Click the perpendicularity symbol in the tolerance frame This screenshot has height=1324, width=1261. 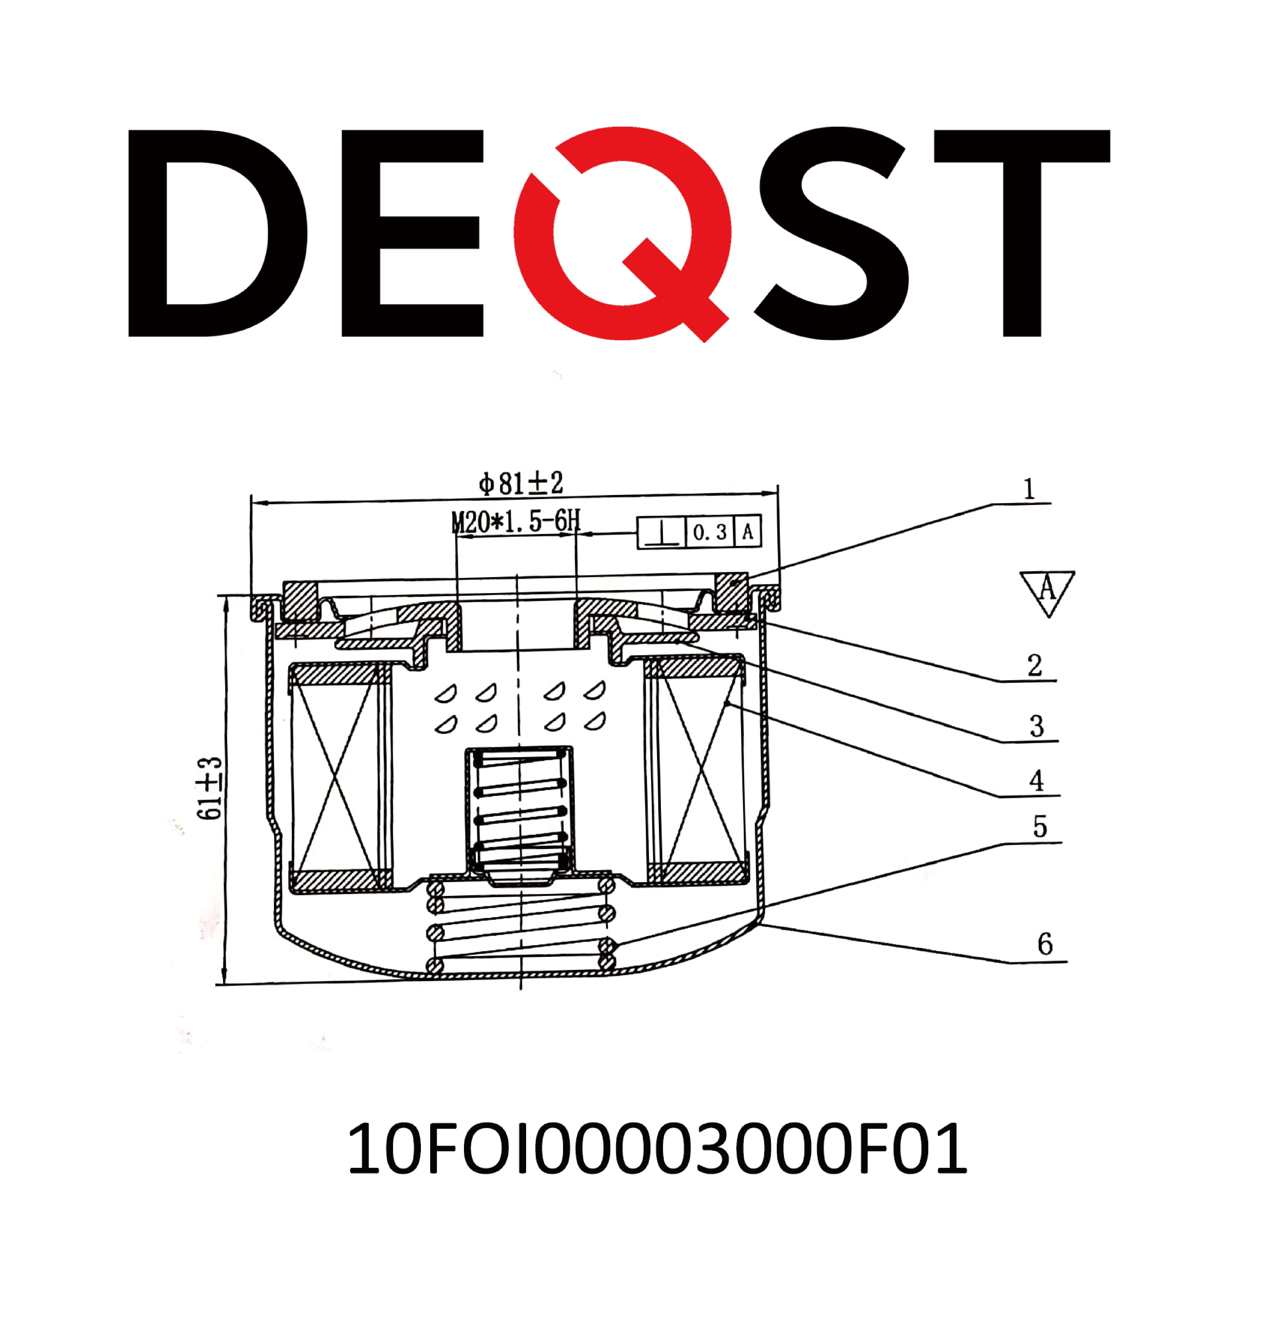click(661, 532)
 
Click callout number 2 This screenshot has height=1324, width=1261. click(1034, 665)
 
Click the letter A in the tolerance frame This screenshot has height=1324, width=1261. click(748, 532)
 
